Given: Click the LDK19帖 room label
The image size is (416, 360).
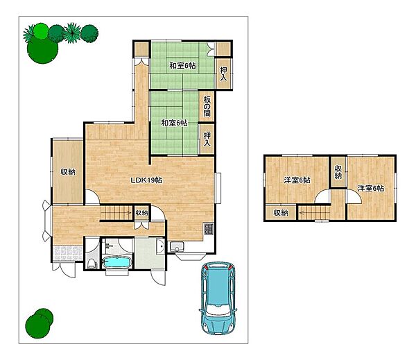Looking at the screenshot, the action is [146, 180].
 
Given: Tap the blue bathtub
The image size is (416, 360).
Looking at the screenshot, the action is [117, 262].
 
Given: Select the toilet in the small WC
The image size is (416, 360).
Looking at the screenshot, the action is [92, 264].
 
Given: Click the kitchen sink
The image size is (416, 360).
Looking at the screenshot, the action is [177, 247].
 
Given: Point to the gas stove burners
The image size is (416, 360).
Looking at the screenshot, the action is [208, 229].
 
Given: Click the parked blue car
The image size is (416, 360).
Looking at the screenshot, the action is [218, 298].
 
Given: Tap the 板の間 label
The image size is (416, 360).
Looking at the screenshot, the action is [207, 106].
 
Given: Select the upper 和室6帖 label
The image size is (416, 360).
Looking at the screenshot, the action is [182, 65].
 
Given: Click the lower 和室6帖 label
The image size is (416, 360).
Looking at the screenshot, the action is [175, 123].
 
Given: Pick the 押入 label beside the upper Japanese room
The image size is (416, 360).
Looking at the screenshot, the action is [224, 74].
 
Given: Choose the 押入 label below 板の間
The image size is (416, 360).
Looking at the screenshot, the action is [207, 139].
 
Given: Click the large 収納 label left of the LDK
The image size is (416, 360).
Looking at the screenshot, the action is [68, 172].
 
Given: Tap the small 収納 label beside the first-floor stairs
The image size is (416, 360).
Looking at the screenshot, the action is [141, 213].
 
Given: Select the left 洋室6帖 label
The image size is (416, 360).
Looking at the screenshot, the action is [297, 180].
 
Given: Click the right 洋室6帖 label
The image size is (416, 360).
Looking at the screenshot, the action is [371, 189].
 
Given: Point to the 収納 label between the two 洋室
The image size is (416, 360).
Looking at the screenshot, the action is [338, 172].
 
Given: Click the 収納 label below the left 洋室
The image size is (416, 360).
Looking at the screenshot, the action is [281, 213].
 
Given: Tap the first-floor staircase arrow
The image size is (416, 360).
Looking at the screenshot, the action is [116, 212].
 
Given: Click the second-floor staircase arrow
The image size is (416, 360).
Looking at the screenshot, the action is [314, 212].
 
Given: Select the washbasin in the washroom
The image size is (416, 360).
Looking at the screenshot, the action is [160, 247].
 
